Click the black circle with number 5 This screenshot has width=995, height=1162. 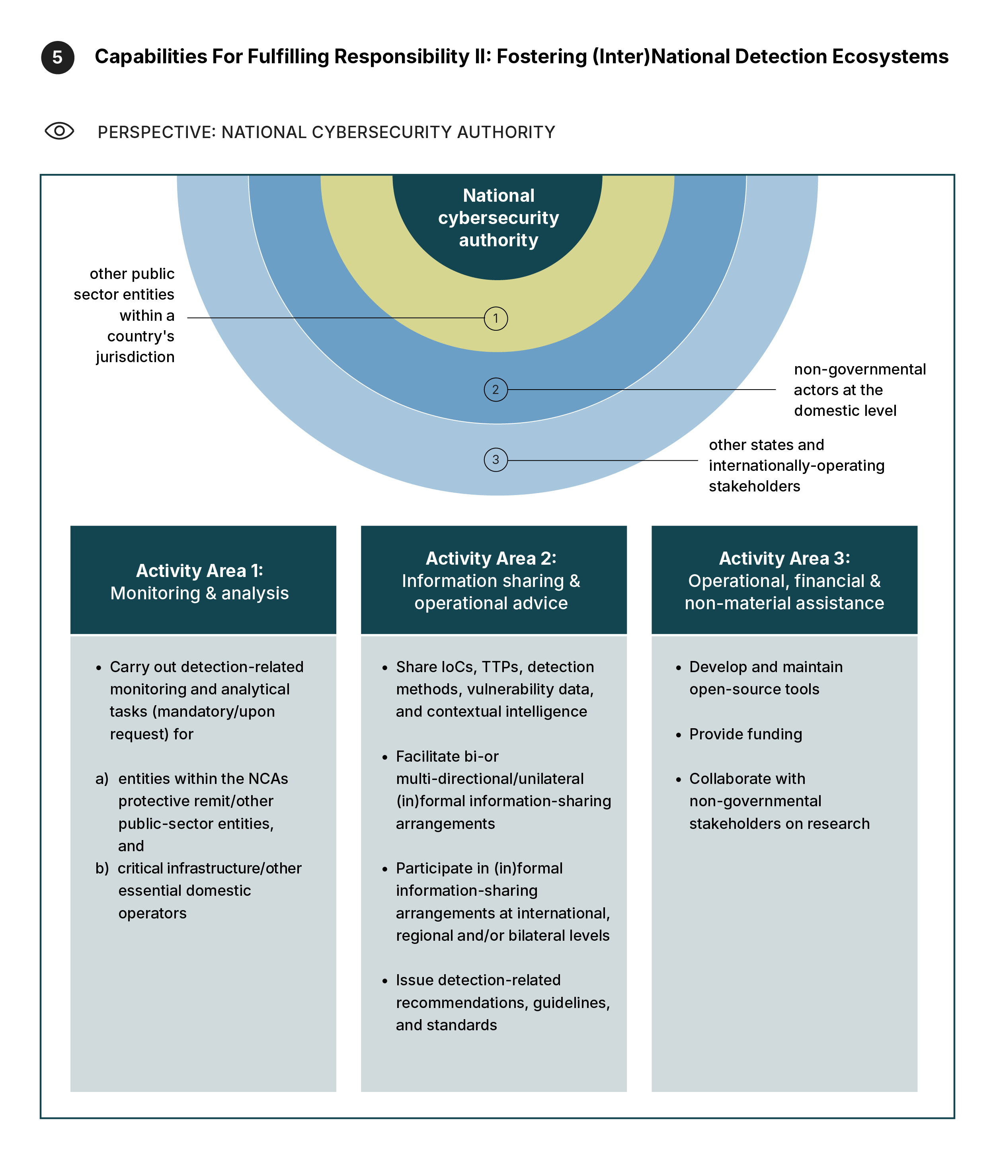click(x=57, y=57)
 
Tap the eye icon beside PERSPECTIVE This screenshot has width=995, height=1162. click(x=59, y=131)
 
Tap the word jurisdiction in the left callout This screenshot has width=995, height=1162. click(x=135, y=357)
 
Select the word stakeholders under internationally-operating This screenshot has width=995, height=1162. click(x=754, y=486)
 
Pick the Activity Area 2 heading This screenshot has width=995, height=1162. click(x=491, y=559)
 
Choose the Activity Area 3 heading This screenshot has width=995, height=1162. click(x=784, y=559)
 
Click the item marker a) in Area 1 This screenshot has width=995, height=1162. click(x=101, y=779)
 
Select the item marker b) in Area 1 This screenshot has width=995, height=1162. click(x=101, y=869)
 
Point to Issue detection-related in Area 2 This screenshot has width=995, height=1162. click(x=478, y=980)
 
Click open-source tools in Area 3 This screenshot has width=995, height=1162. click(x=754, y=689)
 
